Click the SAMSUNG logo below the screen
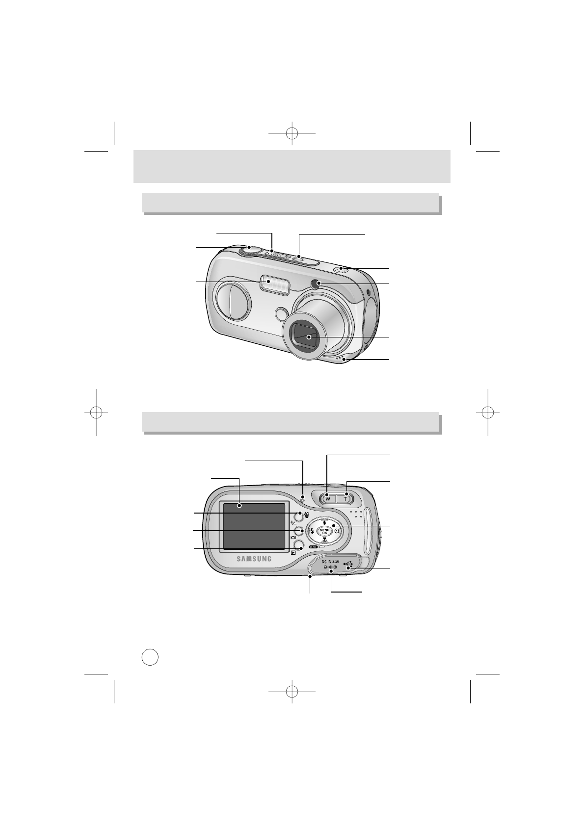(254, 558)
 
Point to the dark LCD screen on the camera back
(254, 526)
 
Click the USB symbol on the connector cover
(348, 565)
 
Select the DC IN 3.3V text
(330, 561)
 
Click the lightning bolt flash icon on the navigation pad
(313, 531)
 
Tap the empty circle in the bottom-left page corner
(150, 657)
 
